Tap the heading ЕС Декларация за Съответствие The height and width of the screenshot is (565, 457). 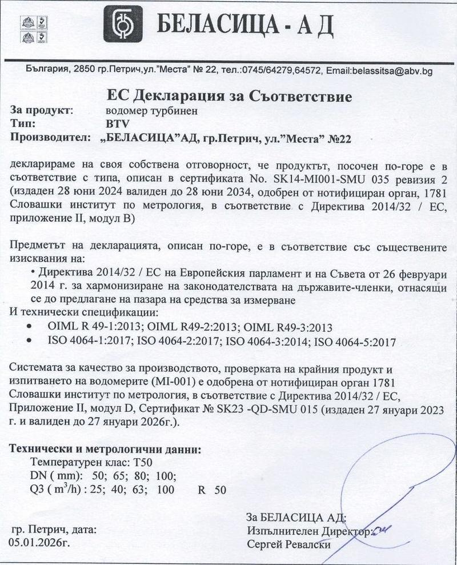[x=229, y=95]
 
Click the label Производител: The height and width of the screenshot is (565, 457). [x=51, y=137]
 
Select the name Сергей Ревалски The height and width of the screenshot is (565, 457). [x=289, y=545]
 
